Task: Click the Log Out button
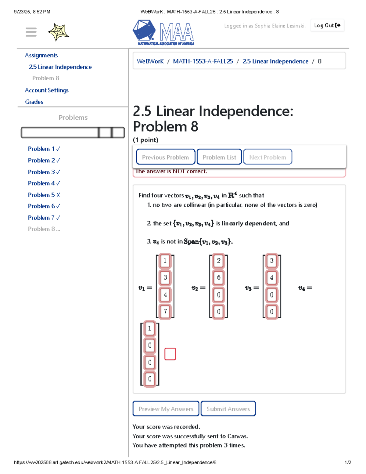tap(327, 26)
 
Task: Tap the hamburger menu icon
tap(31, 32)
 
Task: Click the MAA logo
tap(163, 32)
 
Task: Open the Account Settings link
tap(47, 90)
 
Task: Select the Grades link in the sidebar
tap(34, 102)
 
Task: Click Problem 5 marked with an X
tap(44, 195)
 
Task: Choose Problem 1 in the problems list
tap(44, 149)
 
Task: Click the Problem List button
tap(219, 157)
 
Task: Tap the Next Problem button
tap(267, 157)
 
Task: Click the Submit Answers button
tap(228, 409)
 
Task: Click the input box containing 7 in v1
tap(165, 311)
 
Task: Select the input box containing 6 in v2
tap(219, 277)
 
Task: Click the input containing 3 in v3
tap(272, 261)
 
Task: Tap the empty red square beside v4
tap(170, 354)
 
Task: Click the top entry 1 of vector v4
tap(149, 328)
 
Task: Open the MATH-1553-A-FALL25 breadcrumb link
tap(203, 61)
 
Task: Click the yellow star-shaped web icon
tap(58, 32)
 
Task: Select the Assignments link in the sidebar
tap(41, 56)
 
